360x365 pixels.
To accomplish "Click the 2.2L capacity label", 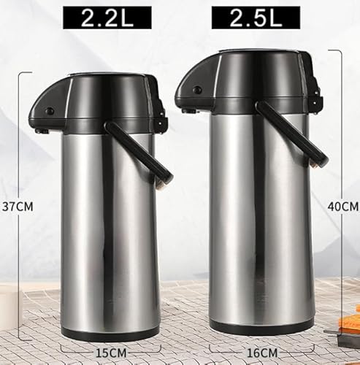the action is coord(107,18).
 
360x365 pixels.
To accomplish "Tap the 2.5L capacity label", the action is coord(256,18).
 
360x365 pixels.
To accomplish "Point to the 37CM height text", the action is coord(18,207).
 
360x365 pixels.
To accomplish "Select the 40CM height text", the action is coord(343,207).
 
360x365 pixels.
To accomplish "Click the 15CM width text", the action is coord(111,353).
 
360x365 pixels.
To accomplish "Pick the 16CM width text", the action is coord(262,353).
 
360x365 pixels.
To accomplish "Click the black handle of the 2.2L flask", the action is coord(139,153).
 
